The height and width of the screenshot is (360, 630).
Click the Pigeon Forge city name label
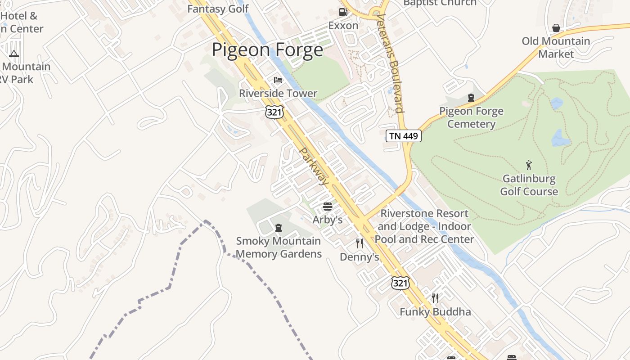pyautogui.click(x=267, y=49)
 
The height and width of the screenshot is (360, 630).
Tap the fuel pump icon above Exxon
pyautogui.click(x=343, y=12)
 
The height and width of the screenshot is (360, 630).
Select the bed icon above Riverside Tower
pyautogui.click(x=278, y=80)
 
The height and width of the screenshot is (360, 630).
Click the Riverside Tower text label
pyautogui.click(x=278, y=94)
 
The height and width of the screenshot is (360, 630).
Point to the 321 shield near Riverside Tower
pyautogui.click(x=274, y=112)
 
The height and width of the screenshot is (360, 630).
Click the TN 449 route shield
pyautogui.click(x=403, y=136)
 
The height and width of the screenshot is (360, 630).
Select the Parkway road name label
pyautogui.click(x=314, y=166)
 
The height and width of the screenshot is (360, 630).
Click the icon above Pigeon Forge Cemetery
pyautogui.click(x=471, y=98)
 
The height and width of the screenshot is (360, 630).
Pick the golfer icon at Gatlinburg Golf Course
pyautogui.click(x=529, y=165)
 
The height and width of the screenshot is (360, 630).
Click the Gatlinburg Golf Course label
pyautogui.click(x=529, y=185)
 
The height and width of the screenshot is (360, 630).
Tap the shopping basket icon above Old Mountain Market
pyautogui.click(x=556, y=28)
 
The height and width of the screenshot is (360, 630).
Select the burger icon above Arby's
pyautogui.click(x=328, y=207)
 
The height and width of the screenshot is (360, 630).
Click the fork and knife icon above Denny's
pyautogui.click(x=359, y=243)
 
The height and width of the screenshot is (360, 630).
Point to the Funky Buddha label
pyautogui.click(x=435, y=312)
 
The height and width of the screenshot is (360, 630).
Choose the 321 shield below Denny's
pyautogui.click(x=400, y=283)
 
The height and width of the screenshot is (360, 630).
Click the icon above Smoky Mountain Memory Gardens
pyautogui.click(x=278, y=228)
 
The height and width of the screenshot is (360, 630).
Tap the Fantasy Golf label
pyautogui.click(x=218, y=9)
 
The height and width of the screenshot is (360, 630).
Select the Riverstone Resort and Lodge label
pyautogui.click(x=424, y=226)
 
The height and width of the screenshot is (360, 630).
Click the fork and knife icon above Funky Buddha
pyautogui.click(x=435, y=298)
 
